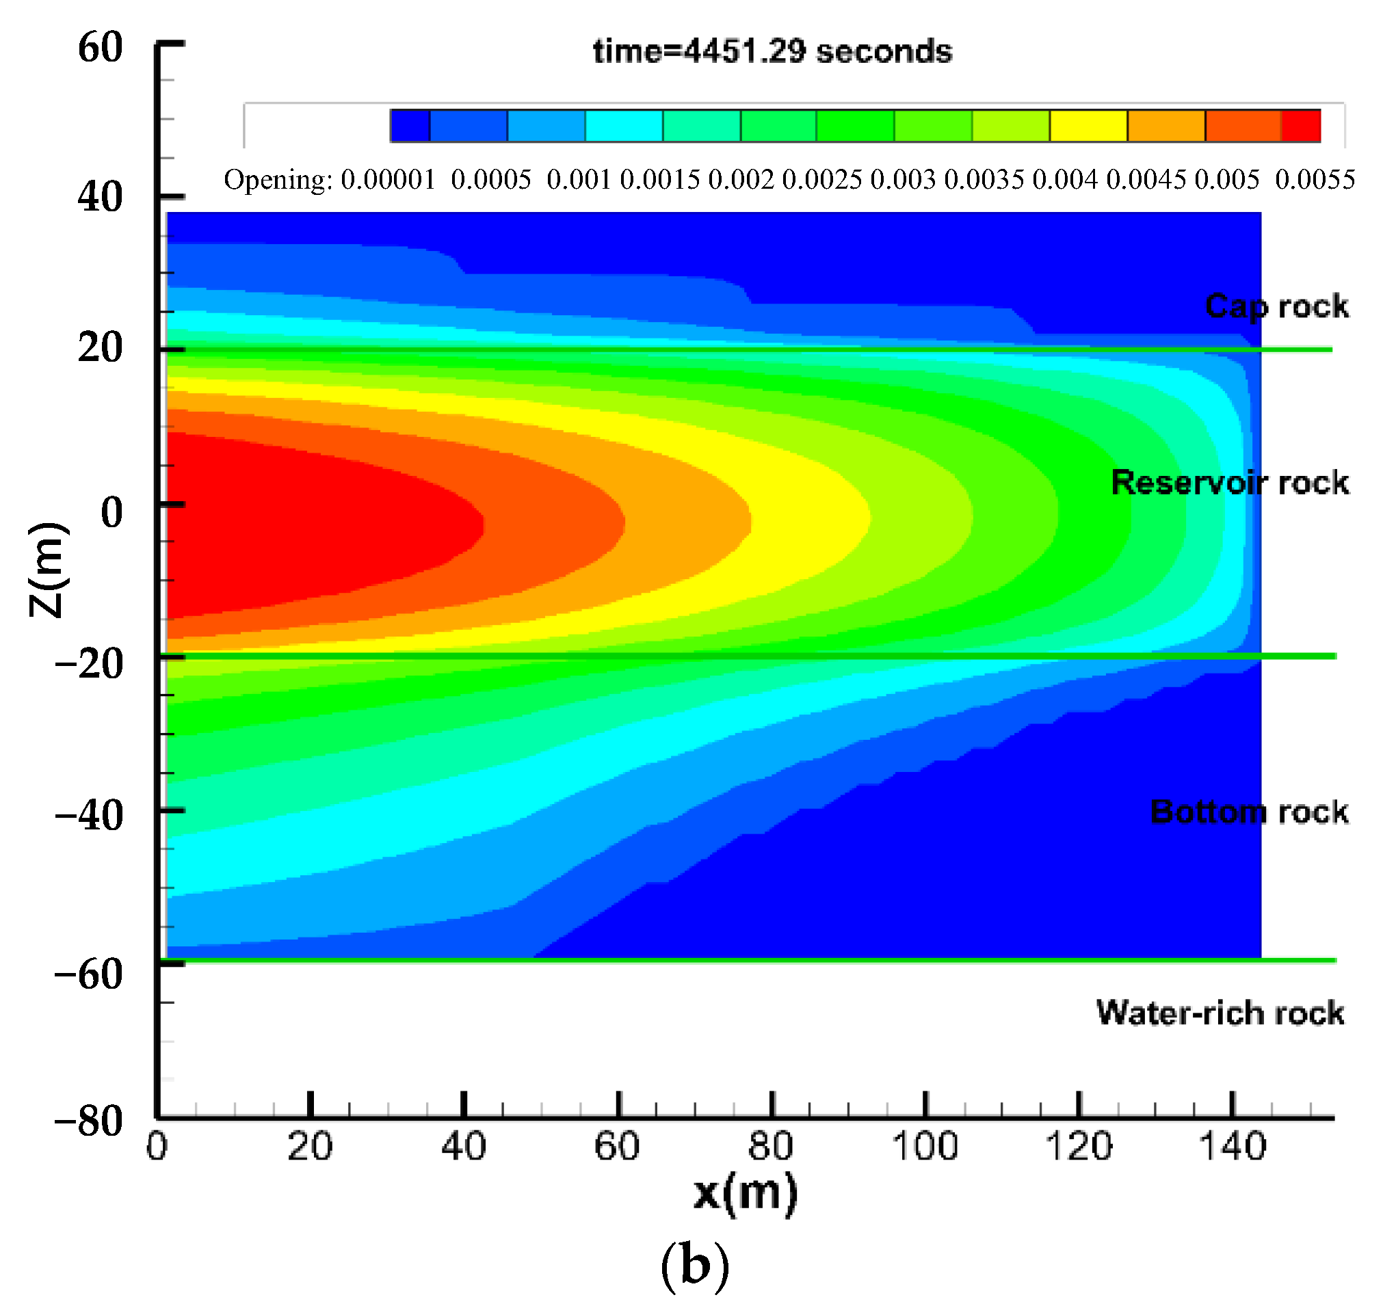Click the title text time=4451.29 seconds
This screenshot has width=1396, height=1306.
tap(772, 52)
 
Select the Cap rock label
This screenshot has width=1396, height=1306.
tap(1276, 307)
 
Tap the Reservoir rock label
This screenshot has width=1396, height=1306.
tap(1230, 483)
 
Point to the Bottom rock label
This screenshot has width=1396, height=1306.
tap(1248, 812)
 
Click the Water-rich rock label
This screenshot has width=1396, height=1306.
tap(1220, 1013)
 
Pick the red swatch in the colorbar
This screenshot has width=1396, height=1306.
tap(1300, 126)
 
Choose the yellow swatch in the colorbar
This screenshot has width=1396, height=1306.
tap(1088, 126)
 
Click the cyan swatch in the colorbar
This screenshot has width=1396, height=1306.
tap(624, 126)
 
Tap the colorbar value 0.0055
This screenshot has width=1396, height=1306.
tap(1315, 181)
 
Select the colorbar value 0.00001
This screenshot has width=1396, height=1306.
tap(388, 181)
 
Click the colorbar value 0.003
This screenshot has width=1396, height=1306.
tap(903, 181)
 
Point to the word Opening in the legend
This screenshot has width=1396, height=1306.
tap(278, 181)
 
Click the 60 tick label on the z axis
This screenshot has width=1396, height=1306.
tap(101, 48)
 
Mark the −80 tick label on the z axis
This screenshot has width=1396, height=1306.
tap(89, 1121)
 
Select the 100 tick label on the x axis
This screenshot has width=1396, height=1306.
tap(925, 1148)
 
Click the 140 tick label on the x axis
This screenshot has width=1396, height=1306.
tap(1233, 1148)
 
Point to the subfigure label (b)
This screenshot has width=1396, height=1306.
tap(695, 1266)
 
